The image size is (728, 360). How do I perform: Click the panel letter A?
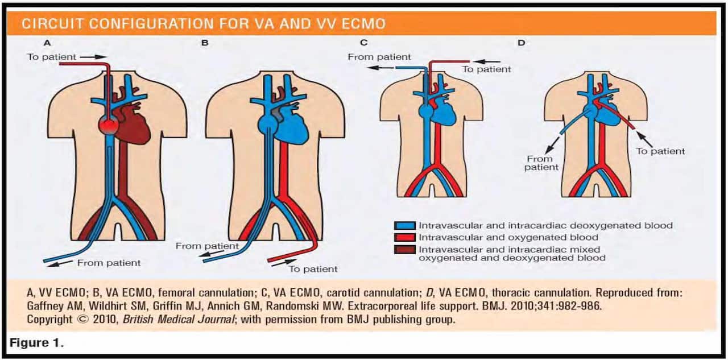(48, 42)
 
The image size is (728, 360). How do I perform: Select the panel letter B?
(205, 42)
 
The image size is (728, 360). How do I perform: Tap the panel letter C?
(364, 42)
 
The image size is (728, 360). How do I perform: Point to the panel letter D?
(521, 42)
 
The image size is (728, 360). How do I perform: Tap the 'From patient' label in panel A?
(109, 263)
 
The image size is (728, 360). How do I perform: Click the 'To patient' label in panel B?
(313, 269)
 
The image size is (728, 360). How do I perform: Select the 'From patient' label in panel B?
(207, 246)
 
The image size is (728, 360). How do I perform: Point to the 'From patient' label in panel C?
(379, 57)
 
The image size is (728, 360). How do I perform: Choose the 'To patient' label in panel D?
(660, 151)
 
